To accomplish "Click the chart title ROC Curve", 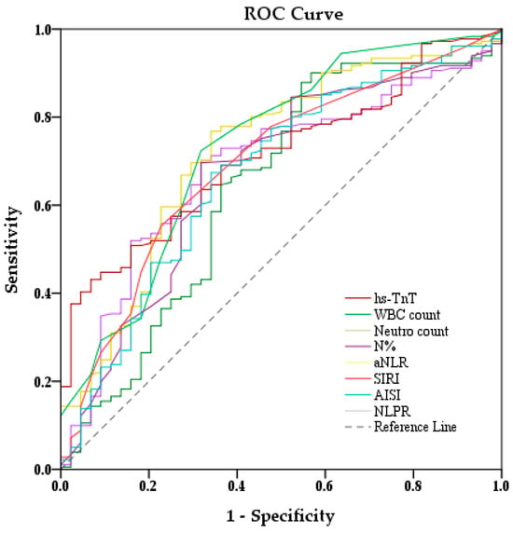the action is [294, 14].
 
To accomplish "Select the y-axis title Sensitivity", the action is [11, 250].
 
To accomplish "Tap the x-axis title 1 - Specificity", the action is [281, 516].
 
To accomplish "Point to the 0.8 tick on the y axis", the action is [43, 117].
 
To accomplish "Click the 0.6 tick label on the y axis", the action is [43, 206].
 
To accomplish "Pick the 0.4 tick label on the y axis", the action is [43, 294].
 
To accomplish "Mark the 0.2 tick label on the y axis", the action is [43, 382].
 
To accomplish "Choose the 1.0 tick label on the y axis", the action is [43, 30].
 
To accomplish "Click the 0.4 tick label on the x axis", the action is [236, 486].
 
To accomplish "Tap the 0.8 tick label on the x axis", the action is [413, 486].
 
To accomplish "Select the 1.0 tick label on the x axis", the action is [501, 486].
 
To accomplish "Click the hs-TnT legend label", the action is [395, 298].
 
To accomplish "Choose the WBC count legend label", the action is [408, 315].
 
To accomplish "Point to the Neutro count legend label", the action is [411, 331].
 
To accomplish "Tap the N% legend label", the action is [384, 347].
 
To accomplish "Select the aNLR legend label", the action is [391, 362].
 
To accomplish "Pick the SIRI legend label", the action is [386, 378].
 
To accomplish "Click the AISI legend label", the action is [387, 395].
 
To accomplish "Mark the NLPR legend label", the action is [392, 411].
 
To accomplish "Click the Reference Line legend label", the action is [415, 427].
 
